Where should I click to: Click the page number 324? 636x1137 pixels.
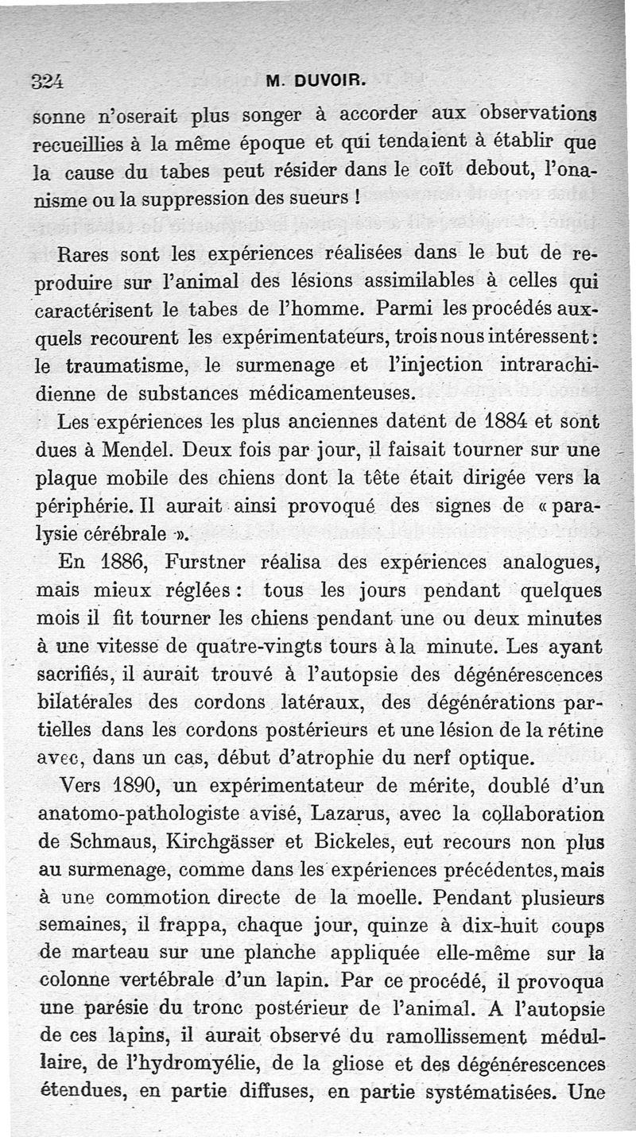pyautogui.click(x=47, y=80)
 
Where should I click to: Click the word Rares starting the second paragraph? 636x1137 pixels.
pyautogui.click(x=87, y=256)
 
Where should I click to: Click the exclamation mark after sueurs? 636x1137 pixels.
pyautogui.click(x=360, y=196)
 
